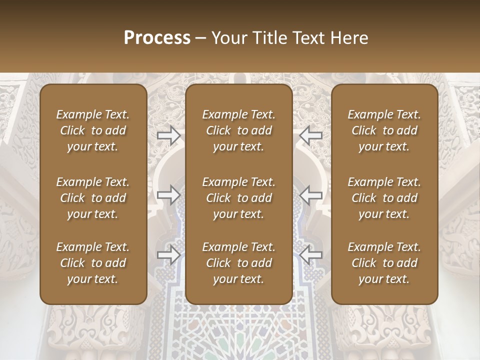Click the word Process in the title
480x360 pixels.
[x=157, y=38]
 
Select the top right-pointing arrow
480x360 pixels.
[x=169, y=135]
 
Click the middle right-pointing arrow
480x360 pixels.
[x=169, y=194]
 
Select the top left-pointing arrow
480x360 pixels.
[x=311, y=135]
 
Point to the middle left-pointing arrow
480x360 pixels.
[x=311, y=194]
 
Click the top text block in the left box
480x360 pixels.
[x=93, y=130]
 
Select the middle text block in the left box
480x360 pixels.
[x=93, y=198]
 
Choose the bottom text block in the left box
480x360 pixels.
[x=93, y=263]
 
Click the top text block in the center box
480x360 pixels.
[x=239, y=130]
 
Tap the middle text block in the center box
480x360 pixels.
[x=239, y=198]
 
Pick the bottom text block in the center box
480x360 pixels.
[x=239, y=263]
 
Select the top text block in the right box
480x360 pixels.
[x=384, y=130]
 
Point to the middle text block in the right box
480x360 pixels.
[x=384, y=198]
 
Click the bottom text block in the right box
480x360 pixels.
[x=384, y=263]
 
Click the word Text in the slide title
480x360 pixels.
[x=307, y=38]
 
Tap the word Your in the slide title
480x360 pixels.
[x=227, y=38]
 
